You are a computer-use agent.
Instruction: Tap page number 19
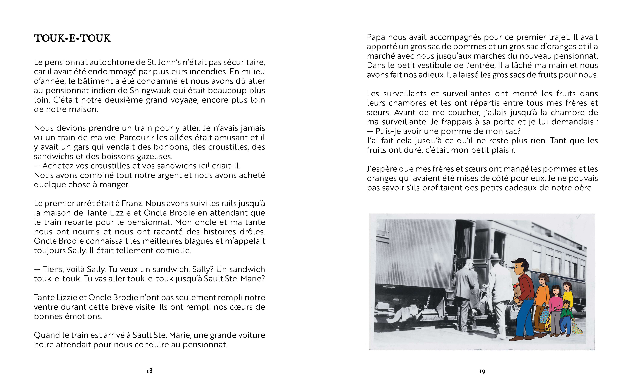click(x=482, y=371)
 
